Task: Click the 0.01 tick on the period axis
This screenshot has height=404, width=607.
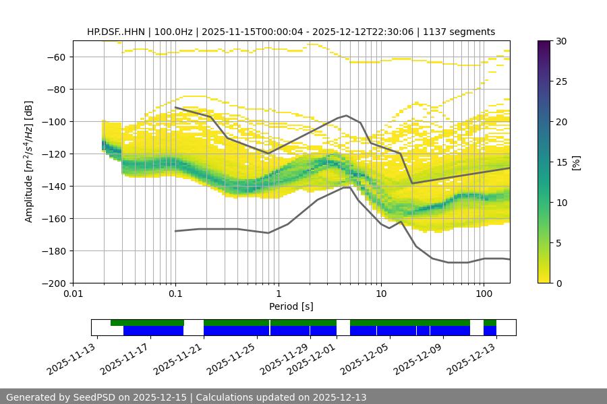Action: [x=73, y=294]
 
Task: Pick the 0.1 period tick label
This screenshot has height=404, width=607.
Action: [x=175, y=294]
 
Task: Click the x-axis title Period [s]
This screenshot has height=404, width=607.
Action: [x=291, y=306]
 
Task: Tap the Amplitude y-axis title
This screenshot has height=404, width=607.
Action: [x=28, y=162]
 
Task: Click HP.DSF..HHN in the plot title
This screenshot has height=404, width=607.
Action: [x=116, y=32]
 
